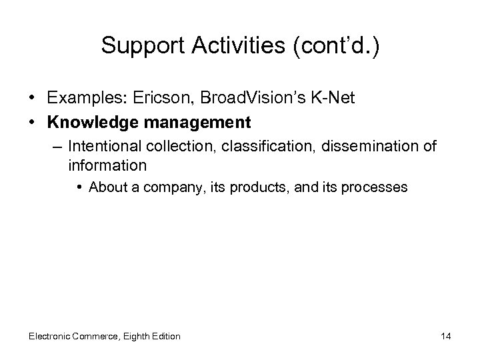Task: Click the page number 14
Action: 445,336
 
